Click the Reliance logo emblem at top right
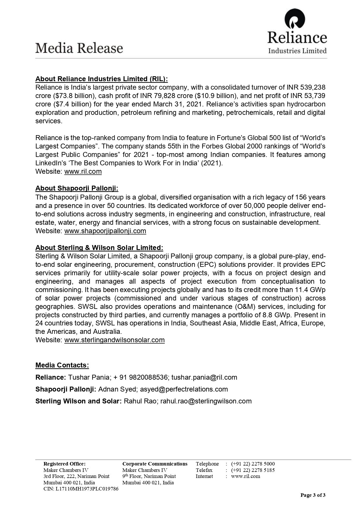295,19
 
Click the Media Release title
79,48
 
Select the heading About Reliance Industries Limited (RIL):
102,79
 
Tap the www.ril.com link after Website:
83,171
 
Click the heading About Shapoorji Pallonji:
77,188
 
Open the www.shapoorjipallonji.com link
105,231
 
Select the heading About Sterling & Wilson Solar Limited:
99,248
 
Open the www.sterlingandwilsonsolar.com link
114,340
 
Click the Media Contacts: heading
62,365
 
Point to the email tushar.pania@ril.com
204,377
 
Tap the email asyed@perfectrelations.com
184,389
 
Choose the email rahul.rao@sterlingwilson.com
206,401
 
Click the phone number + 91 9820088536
140,377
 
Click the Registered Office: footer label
64,464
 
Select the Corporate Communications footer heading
155,464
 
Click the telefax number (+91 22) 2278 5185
253,470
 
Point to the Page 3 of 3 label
313,495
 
